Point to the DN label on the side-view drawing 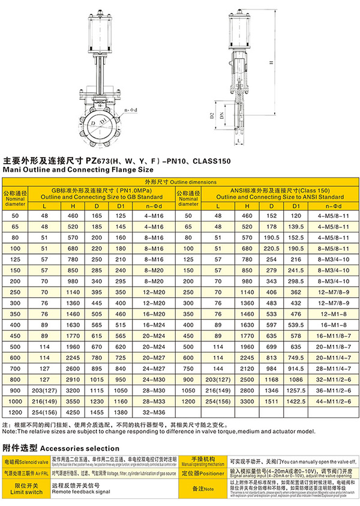[223, 116]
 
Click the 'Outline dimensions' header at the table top [179, 182]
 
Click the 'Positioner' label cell [203, 473]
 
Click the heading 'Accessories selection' [60, 448]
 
